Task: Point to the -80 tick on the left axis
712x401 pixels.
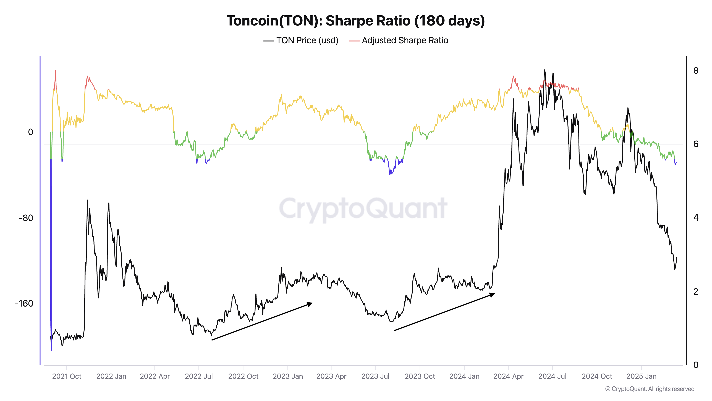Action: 26,218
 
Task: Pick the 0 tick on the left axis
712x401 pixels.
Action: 30,132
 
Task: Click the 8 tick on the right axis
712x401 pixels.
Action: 696,71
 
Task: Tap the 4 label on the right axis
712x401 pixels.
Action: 696,218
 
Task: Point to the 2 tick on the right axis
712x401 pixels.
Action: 696,291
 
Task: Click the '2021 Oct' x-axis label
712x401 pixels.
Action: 67,376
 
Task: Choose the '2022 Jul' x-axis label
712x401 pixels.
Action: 199,376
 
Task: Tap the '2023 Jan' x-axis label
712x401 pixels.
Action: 288,376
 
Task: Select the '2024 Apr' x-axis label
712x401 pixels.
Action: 508,376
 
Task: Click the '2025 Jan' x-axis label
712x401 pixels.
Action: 641,376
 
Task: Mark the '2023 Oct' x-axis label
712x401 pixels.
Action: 420,376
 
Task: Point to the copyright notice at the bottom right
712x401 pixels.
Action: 650,389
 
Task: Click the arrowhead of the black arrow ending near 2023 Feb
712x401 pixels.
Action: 310,304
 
